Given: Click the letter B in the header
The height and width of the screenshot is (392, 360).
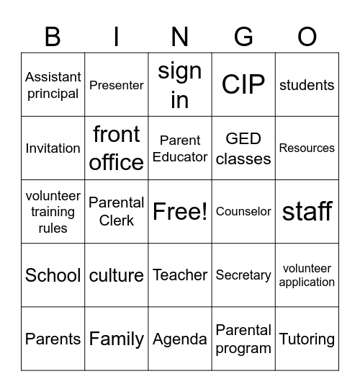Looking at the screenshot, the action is [53, 36].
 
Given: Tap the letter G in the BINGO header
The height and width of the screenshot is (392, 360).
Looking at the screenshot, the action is [243, 36].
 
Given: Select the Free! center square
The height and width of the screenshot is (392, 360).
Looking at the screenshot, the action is [180, 212].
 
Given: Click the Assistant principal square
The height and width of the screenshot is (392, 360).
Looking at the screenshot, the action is [53, 85].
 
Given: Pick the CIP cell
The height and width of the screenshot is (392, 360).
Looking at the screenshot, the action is [243, 85].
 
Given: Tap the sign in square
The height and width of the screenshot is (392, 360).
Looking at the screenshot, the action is [180, 85].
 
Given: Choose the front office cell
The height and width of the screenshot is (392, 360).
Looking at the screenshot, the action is [117, 148].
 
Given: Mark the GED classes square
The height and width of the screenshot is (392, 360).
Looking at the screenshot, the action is [243, 148].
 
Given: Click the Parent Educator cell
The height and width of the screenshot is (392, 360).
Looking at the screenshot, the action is [180, 148].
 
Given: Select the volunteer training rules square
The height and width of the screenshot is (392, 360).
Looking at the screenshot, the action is [53, 212].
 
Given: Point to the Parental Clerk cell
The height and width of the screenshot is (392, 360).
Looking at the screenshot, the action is [117, 212].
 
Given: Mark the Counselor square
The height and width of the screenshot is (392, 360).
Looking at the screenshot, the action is [243, 212].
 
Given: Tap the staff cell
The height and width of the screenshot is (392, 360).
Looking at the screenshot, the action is [307, 212].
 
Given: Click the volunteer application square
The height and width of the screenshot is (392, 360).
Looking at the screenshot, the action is [307, 275].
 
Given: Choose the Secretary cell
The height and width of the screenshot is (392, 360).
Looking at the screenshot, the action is [243, 275].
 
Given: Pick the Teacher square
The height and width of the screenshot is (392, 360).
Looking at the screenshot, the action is [180, 275].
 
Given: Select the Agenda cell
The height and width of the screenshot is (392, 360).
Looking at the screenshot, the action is [180, 339].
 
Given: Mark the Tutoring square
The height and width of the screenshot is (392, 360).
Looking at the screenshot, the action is [307, 339].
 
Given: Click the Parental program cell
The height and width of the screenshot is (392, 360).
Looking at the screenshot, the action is [243, 339].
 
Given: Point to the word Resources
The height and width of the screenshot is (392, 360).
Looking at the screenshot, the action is [307, 148].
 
